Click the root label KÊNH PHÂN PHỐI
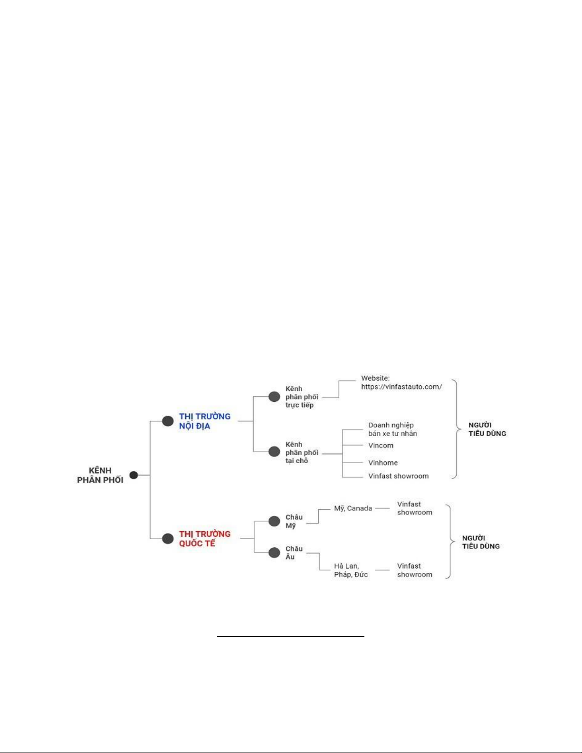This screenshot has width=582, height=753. [100, 475]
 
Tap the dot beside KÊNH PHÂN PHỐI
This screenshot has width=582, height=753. [134, 475]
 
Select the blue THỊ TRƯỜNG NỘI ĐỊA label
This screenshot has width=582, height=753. [205, 421]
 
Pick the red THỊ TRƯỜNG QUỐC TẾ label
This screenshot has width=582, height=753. [205, 538]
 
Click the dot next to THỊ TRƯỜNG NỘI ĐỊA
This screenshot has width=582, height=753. [168, 421]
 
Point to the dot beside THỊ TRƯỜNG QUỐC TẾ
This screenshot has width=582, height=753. [168, 538]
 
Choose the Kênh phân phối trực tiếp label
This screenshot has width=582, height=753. [302, 397]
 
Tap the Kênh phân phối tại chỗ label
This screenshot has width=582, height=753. [302, 453]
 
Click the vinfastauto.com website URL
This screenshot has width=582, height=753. [401, 387]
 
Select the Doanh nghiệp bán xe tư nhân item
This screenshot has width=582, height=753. [392, 429]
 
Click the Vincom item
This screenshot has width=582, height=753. [381, 445]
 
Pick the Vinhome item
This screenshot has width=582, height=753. [383, 463]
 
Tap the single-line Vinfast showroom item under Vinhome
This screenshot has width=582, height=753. [399, 476]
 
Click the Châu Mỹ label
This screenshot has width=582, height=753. [294, 521]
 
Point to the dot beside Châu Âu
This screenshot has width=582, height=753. [274, 553]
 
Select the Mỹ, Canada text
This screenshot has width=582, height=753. [353, 508]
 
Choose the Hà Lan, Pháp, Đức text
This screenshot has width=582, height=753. [351, 570]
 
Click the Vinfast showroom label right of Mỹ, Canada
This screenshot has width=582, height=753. [415, 508]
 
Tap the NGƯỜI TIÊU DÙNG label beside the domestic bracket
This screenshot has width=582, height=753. [487, 429]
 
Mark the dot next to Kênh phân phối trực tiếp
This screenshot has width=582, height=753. [274, 396]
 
